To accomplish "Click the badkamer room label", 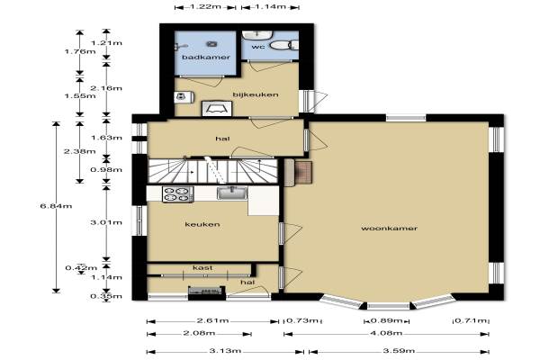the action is (206, 58).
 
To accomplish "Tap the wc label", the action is (258, 47).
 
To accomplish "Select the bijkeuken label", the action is (256, 94).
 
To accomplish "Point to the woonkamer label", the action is (389, 228).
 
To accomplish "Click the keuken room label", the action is (202, 225).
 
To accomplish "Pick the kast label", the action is (202, 267).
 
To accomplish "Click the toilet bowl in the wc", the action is (283, 45).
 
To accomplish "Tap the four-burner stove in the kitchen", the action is (177, 194).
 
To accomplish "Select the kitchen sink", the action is (232, 193).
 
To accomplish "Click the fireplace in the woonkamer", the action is (299, 172).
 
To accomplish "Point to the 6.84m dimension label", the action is (56, 206).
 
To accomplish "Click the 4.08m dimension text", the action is (387, 333).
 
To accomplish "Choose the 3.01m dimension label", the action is (106, 222).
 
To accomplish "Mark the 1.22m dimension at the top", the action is (205, 6).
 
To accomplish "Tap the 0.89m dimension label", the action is (386, 320).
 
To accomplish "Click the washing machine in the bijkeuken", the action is (184, 97).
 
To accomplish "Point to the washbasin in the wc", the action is (257, 35).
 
